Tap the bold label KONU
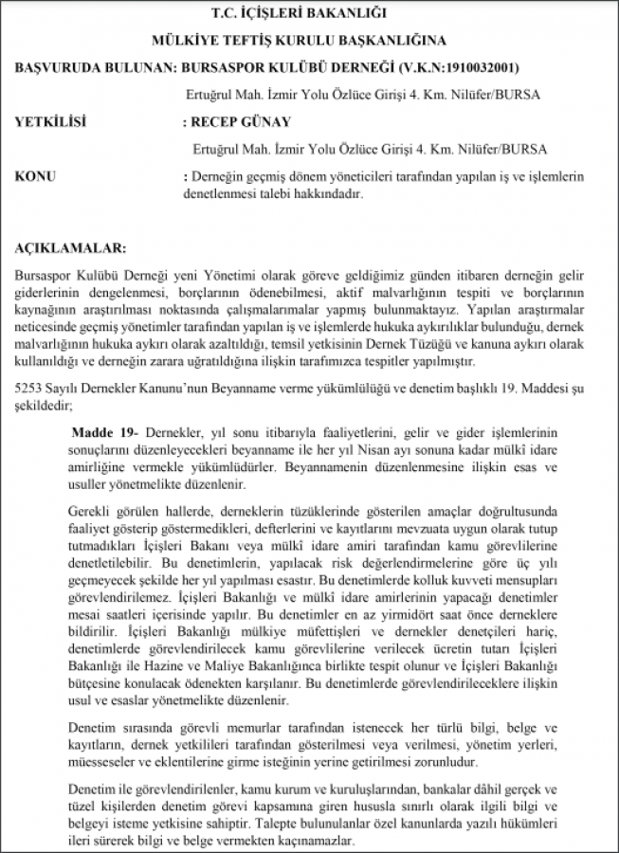[36, 176]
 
